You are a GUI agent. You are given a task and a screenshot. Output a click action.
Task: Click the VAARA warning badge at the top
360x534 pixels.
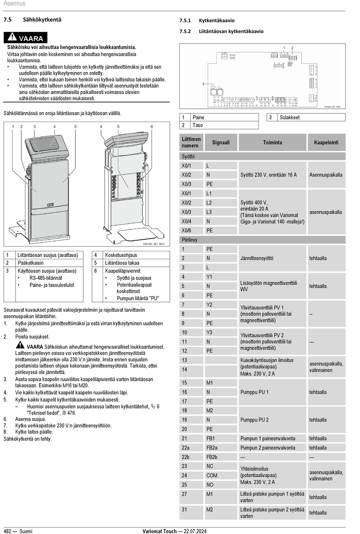(x=25, y=38)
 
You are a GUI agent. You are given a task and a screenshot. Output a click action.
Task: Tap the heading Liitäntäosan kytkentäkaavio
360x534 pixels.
(x=231, y=31)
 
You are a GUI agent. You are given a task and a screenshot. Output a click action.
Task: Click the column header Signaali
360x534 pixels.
(x=221, y=143)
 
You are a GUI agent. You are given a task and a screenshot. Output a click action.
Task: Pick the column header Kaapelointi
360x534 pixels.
(x=326, y=143)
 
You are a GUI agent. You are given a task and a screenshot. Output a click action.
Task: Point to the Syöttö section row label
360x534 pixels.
(x=188, y=157)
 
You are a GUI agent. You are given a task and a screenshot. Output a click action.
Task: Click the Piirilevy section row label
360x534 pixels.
(x=189, y=240)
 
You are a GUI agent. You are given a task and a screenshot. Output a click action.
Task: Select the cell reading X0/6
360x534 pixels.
(x=186, y=230)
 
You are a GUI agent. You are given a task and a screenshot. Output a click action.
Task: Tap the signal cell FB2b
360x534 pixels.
(x=212, y=457)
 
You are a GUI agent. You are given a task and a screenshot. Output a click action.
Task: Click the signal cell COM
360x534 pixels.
(x=212, y=476)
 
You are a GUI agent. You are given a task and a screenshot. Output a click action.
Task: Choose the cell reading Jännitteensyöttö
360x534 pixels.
(x=257, y=258)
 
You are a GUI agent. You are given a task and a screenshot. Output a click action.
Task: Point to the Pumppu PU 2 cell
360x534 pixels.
(x=254, y=420)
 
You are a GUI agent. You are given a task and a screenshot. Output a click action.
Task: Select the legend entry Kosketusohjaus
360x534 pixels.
(x=121, y=255)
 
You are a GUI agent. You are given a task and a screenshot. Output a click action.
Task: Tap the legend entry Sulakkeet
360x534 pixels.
(x=290, y=117)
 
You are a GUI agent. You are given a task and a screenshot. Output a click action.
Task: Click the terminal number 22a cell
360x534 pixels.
(x=185, y=448)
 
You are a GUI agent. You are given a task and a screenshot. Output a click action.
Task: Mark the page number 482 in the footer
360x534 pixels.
(x=8, y=531)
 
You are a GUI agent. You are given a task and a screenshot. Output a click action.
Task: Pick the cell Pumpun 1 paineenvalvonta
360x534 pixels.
(x=268, y=438)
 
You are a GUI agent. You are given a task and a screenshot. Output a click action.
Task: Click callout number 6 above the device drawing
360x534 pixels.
(x=152, y=127)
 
